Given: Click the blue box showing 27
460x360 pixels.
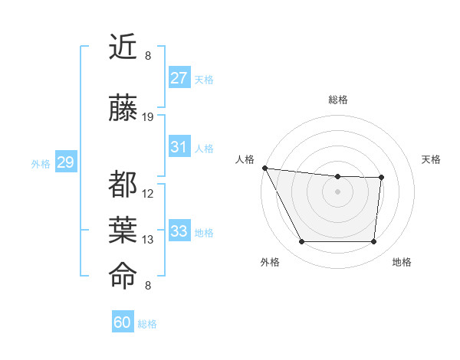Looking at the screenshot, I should coord(179,78).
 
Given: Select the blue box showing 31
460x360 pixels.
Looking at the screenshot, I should coord(179,147).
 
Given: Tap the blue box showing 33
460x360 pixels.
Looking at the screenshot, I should coord(179,231).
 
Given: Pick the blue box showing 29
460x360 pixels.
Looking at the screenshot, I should coord(65,162).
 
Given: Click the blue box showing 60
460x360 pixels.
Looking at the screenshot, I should coord(123,322).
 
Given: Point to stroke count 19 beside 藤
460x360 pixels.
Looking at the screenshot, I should coord(149,117).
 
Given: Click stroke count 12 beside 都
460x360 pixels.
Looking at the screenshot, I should coord(149,194).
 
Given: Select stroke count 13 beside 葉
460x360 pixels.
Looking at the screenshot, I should coord(149,240).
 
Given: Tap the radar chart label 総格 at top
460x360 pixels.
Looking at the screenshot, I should coord(338,100).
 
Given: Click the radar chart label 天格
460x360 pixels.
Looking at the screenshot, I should coord(432,159).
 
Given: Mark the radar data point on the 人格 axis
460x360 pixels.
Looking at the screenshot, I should coord(264,168).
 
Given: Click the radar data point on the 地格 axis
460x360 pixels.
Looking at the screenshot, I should coord(373,242).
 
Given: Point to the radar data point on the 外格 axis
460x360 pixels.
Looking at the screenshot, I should coord(301,242).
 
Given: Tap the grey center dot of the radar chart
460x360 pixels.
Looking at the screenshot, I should coord(337,191).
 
